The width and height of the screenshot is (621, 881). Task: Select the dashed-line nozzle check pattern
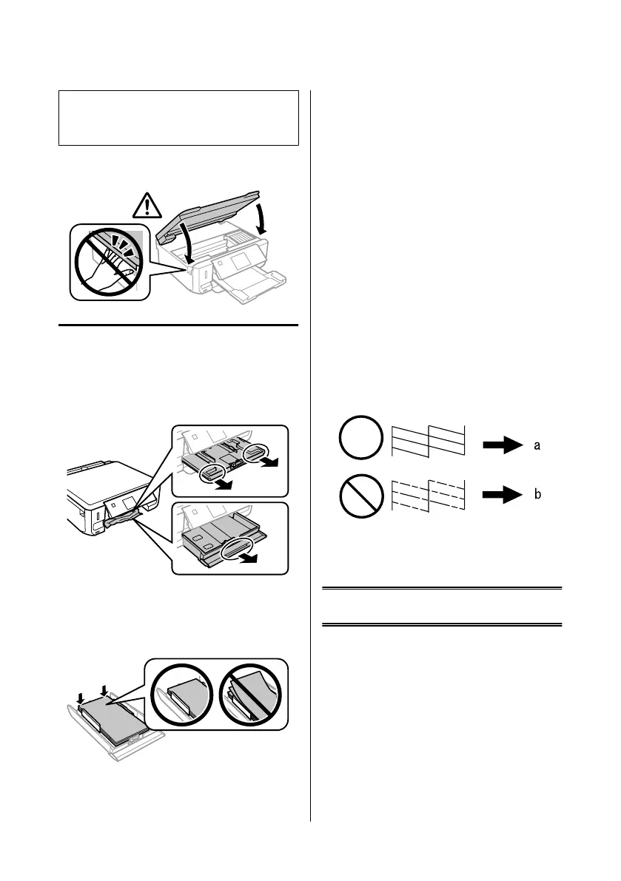[428, 493]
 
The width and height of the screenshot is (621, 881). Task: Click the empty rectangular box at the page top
[178, 118]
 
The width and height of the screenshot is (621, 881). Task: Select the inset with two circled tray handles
[229, 460]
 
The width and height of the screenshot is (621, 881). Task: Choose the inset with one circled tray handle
[229, 537]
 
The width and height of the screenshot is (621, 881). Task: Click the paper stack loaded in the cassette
[110, 715]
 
